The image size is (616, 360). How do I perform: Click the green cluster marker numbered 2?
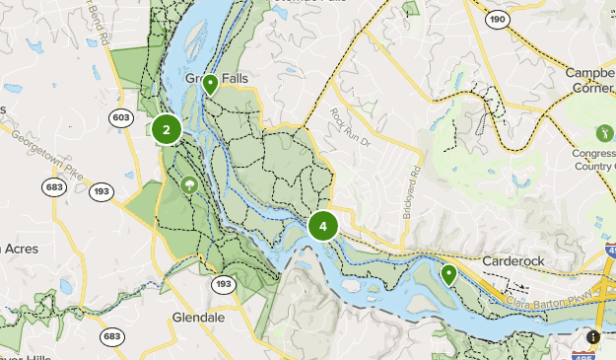167,129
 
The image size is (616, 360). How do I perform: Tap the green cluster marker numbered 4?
322,226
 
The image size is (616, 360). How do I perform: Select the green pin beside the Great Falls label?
210,85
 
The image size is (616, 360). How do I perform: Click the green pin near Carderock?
448,273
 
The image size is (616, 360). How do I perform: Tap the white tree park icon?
187,183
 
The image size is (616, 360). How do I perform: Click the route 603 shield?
121,117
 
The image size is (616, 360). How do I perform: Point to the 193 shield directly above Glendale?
224,284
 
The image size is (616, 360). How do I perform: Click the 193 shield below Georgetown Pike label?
101,191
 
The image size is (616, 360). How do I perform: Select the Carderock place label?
514,261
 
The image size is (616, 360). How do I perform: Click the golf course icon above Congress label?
604,132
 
